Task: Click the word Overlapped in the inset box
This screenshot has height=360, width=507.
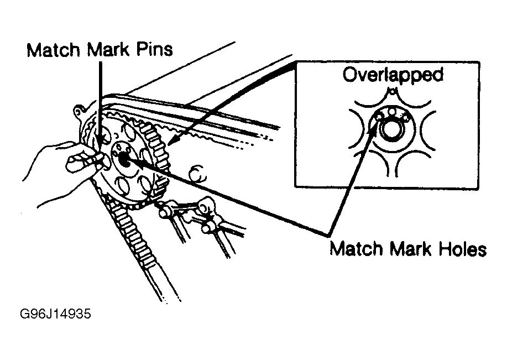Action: tap(393, 75)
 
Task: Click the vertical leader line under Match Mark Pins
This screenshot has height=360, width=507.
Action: tap(101, 100)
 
